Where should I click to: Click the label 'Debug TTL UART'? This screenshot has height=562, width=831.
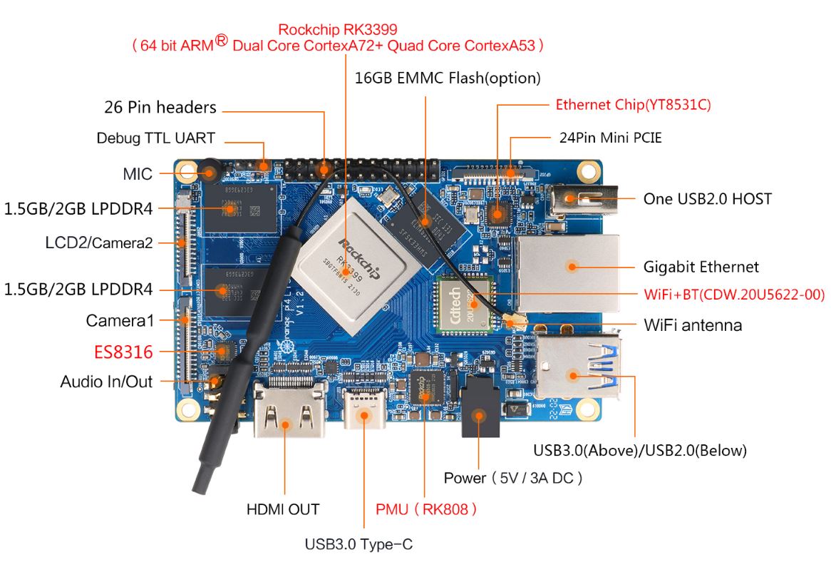(155, 138)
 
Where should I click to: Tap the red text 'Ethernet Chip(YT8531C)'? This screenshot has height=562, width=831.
(633, 105)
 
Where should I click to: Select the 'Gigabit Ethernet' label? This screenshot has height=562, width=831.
(701, 267)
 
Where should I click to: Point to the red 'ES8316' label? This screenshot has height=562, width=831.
(123, 352)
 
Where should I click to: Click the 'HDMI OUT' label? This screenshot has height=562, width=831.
(283, 509)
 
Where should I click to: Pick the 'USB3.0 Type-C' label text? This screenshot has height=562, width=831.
(358, 544)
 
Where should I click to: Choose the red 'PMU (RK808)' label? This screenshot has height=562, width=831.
(426, 509)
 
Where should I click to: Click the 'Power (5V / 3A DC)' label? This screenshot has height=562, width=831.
(513, 478)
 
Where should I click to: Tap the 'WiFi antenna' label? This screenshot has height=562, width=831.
(693, 325)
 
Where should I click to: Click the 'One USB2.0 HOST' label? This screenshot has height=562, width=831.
(707, 199)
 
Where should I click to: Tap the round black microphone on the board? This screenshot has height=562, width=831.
(209, 172)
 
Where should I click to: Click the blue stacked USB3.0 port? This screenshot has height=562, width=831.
(576, 368)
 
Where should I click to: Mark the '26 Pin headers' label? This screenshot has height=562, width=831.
(160, 108)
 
